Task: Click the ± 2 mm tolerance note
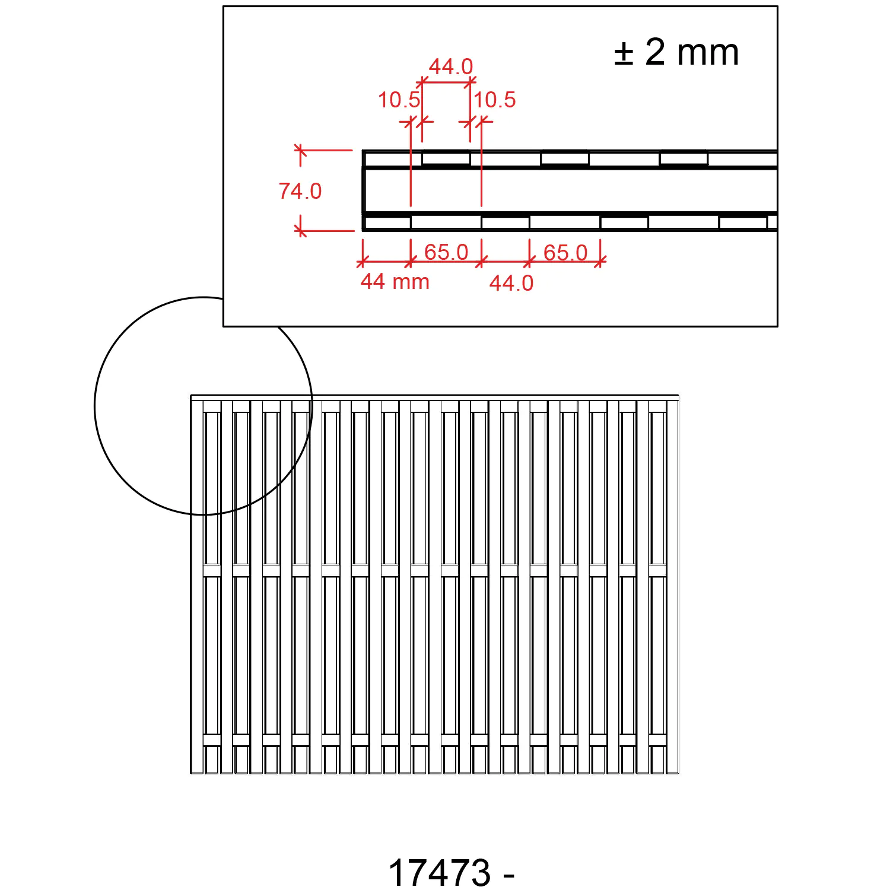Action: click(676, 52)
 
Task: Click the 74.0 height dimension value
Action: click(300, 191)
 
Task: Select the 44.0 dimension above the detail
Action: click(451, 66)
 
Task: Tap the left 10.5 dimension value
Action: click(399, 100)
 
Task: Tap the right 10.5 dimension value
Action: click(495, 100)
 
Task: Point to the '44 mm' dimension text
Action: click(395, 281)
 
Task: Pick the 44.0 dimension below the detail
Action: click(511, 283)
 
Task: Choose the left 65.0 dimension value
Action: click(446, 252)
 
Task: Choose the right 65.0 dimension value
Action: click(565, 253)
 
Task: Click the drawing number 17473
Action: click(440, 873)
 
